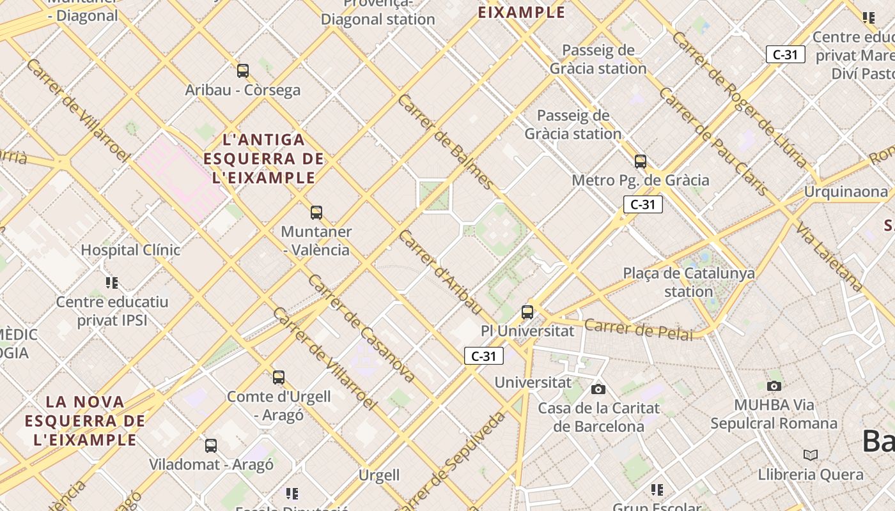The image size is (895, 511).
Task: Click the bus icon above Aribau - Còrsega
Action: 243,70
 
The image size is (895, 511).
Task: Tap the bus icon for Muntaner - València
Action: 316,212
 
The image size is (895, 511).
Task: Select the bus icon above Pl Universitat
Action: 527,312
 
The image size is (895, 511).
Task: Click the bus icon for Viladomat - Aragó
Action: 211,445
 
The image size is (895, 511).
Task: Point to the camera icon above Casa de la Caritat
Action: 598,389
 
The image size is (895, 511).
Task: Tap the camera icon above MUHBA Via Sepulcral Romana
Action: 774,386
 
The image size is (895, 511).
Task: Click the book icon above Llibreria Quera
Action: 811,455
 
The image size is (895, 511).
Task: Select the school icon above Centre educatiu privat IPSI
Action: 113,282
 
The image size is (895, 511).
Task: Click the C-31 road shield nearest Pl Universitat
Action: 484,356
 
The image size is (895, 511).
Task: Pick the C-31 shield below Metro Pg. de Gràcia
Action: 643,204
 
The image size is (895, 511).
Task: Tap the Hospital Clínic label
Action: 130,250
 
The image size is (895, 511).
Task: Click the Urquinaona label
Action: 846,192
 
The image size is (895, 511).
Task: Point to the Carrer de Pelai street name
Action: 639,329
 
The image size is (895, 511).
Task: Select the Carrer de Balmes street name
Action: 446,142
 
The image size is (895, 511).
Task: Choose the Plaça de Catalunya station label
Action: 689,282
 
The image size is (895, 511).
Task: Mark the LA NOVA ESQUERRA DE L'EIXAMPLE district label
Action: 85,420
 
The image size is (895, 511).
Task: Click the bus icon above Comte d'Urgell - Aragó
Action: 279,377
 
